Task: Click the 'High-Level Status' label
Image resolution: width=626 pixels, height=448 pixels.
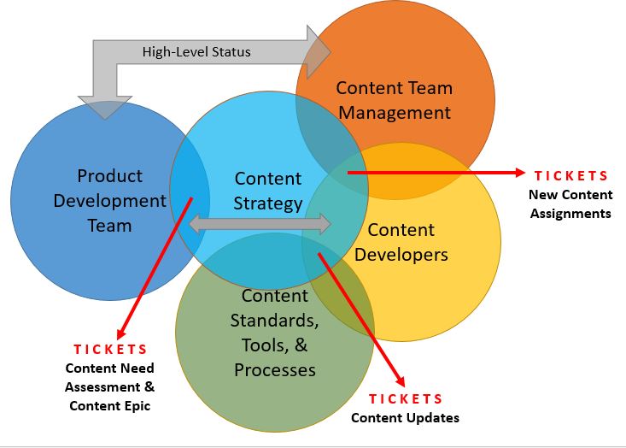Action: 196,52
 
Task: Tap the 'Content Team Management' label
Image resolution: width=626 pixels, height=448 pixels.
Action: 394,100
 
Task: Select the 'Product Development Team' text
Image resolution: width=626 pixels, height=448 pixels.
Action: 109,201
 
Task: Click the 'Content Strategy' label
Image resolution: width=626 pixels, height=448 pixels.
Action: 268,191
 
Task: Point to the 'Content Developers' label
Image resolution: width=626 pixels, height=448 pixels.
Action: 401,242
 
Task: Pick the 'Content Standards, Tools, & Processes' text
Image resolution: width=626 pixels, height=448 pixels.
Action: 275,333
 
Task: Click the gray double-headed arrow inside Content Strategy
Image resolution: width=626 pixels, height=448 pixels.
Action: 260,225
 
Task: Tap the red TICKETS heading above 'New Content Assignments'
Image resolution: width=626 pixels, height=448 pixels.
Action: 571,176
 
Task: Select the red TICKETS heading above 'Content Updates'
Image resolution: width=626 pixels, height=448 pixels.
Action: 406,399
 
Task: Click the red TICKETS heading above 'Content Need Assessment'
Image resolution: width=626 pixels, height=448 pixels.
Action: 110,350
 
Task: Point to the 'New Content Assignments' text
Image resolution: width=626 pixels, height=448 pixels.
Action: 570,204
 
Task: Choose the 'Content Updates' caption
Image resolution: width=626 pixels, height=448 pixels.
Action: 405,418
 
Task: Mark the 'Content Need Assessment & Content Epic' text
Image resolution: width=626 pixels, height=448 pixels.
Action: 110,387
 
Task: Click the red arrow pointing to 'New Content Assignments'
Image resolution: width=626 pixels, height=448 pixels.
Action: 436,173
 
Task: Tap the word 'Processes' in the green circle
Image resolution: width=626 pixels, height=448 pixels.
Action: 275,370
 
